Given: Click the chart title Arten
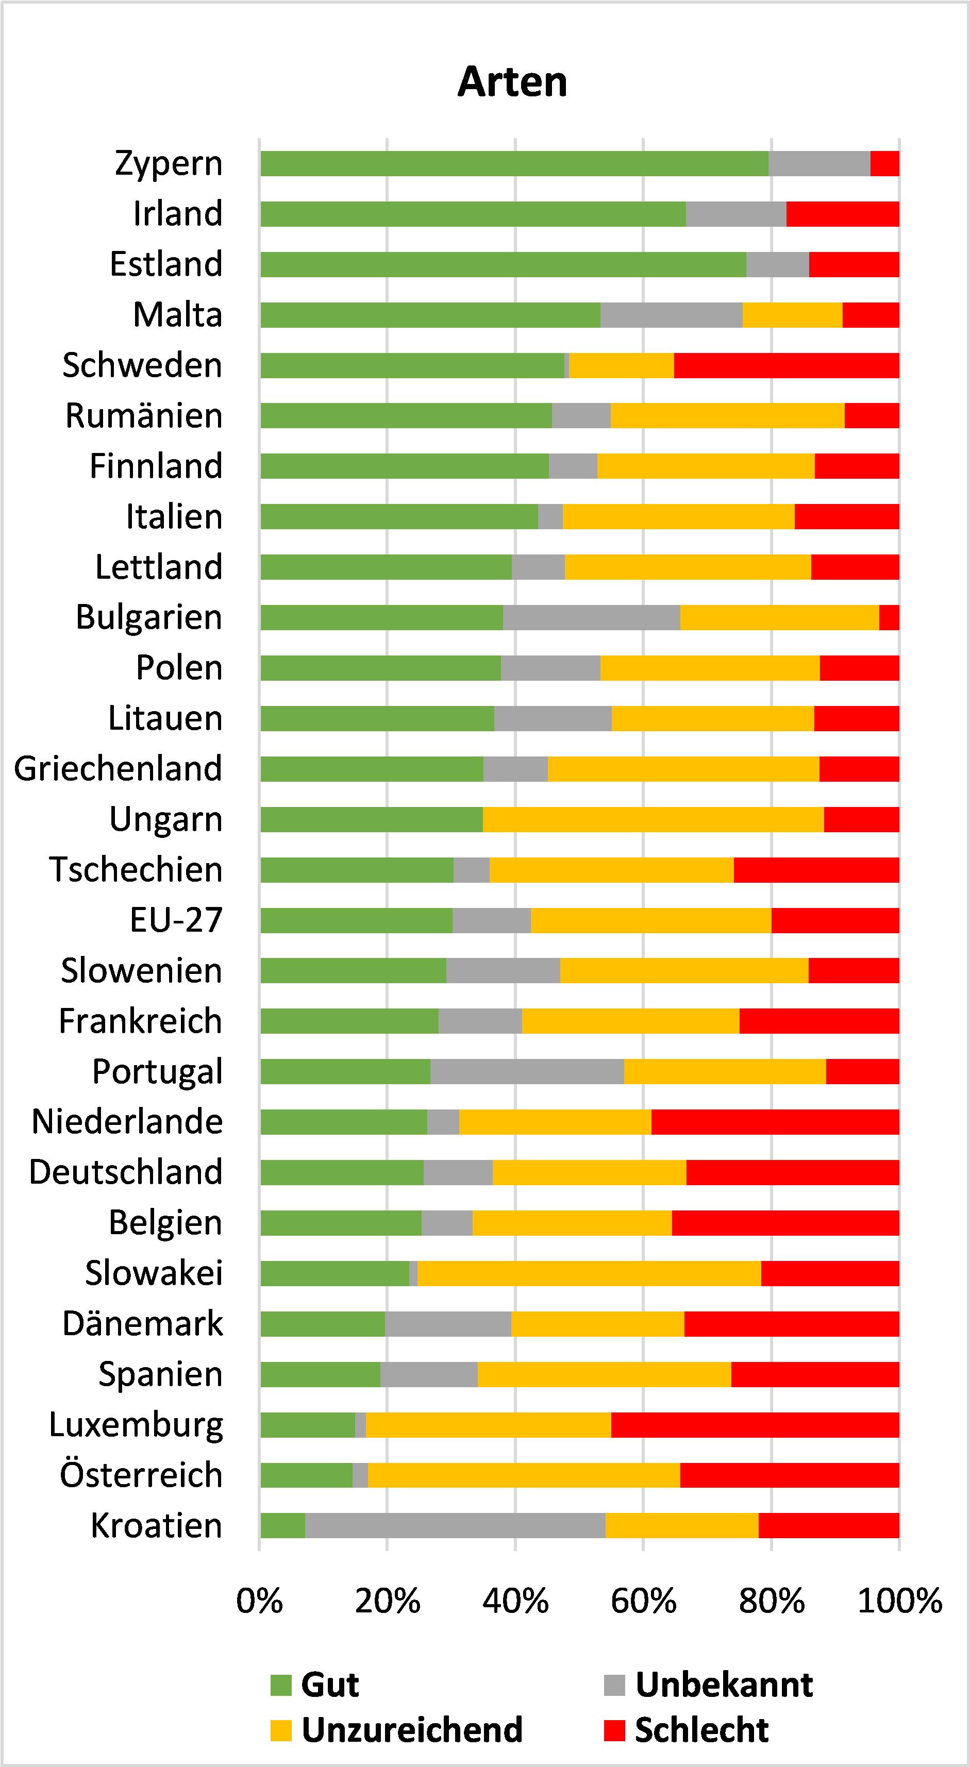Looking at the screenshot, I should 512,82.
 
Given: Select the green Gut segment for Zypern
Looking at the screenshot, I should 514,163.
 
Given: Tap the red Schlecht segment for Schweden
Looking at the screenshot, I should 786,365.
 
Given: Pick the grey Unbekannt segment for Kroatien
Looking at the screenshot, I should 455,1525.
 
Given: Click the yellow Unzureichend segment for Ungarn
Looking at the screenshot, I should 653,819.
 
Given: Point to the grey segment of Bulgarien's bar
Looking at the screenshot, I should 591,617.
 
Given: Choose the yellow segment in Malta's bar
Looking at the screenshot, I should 792,315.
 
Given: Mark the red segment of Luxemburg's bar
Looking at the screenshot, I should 755,1425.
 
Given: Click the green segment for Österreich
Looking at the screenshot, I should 306,1475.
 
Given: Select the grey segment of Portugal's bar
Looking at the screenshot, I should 527,1071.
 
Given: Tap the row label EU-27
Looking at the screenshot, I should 176,920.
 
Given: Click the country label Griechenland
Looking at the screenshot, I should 118,768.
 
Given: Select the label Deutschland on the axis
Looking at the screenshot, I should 126,1172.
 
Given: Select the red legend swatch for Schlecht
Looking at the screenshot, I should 615,1730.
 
